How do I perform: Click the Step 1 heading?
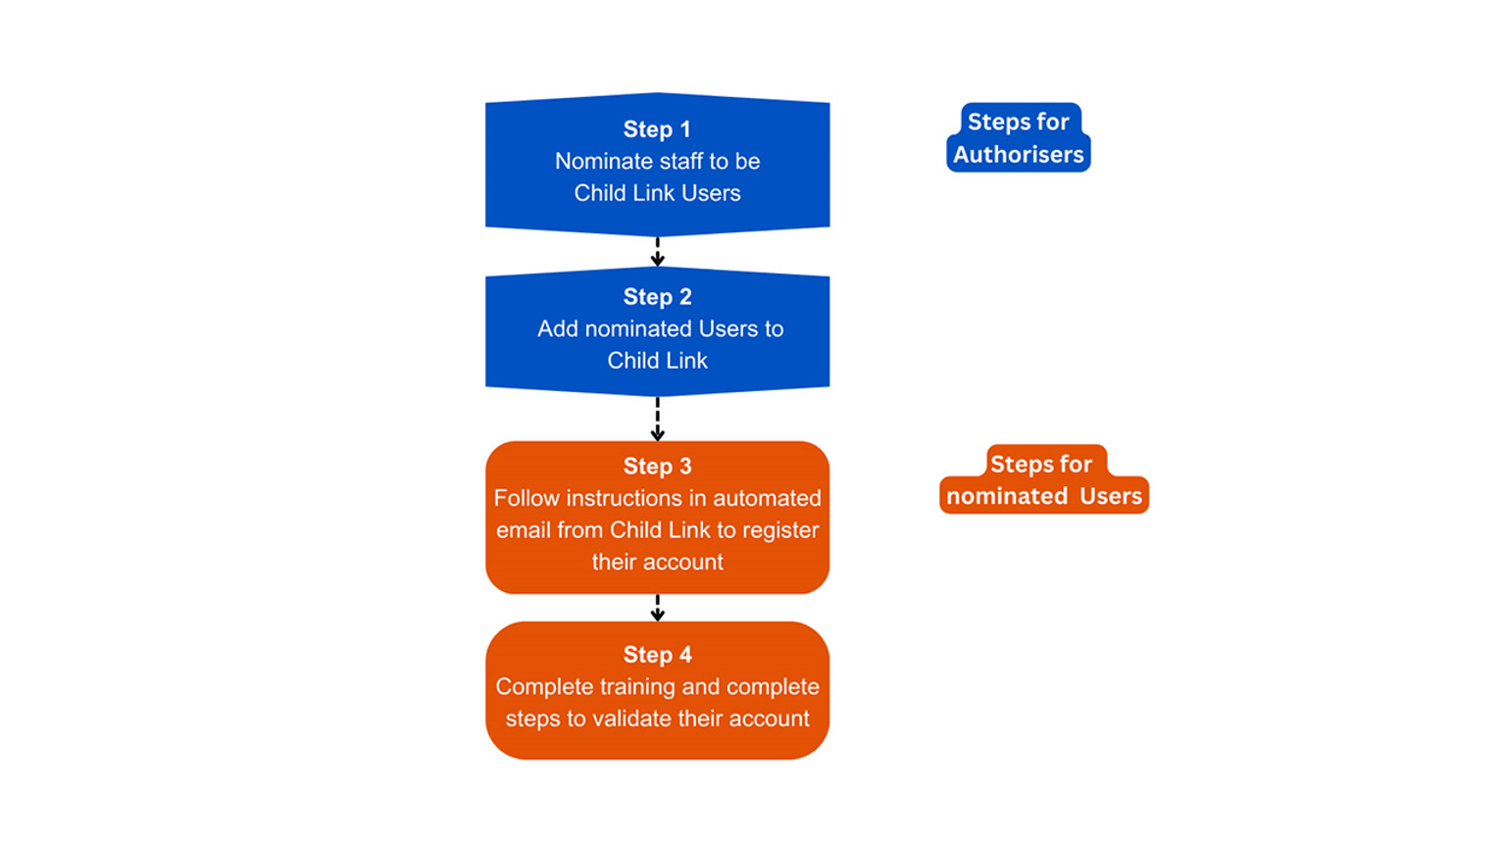[x=657, y=129]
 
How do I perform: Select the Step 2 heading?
[x=657, y=297]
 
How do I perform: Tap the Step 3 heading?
[x=657, y=467]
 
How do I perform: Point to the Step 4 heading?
[x=657, y=655]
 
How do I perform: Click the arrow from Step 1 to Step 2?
[x=657, y=252]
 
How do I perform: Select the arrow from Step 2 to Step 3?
[x=657, y=419]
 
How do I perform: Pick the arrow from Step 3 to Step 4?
[x=657, y=608]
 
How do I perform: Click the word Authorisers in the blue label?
[x=1018, y=155]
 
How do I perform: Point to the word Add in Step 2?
[x=557, y=329]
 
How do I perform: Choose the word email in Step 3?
[x=524, y=530]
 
